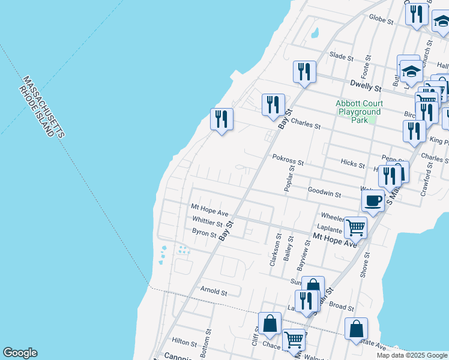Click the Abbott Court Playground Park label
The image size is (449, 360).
point(359,112)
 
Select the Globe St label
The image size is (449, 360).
point(381,20)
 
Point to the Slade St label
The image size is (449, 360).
point(341,56)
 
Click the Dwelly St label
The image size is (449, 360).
point(366,87)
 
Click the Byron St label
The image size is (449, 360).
point(204,233)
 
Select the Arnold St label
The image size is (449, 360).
point(214,293)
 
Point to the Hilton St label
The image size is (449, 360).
point(184,342)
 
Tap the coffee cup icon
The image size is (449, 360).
point(373,201)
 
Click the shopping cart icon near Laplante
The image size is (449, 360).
point(355,227)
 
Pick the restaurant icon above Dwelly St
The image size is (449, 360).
point(304,72)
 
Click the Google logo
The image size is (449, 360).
point(20,353)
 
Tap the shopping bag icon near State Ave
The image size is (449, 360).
point(356,329)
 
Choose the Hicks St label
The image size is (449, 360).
point(352,164)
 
